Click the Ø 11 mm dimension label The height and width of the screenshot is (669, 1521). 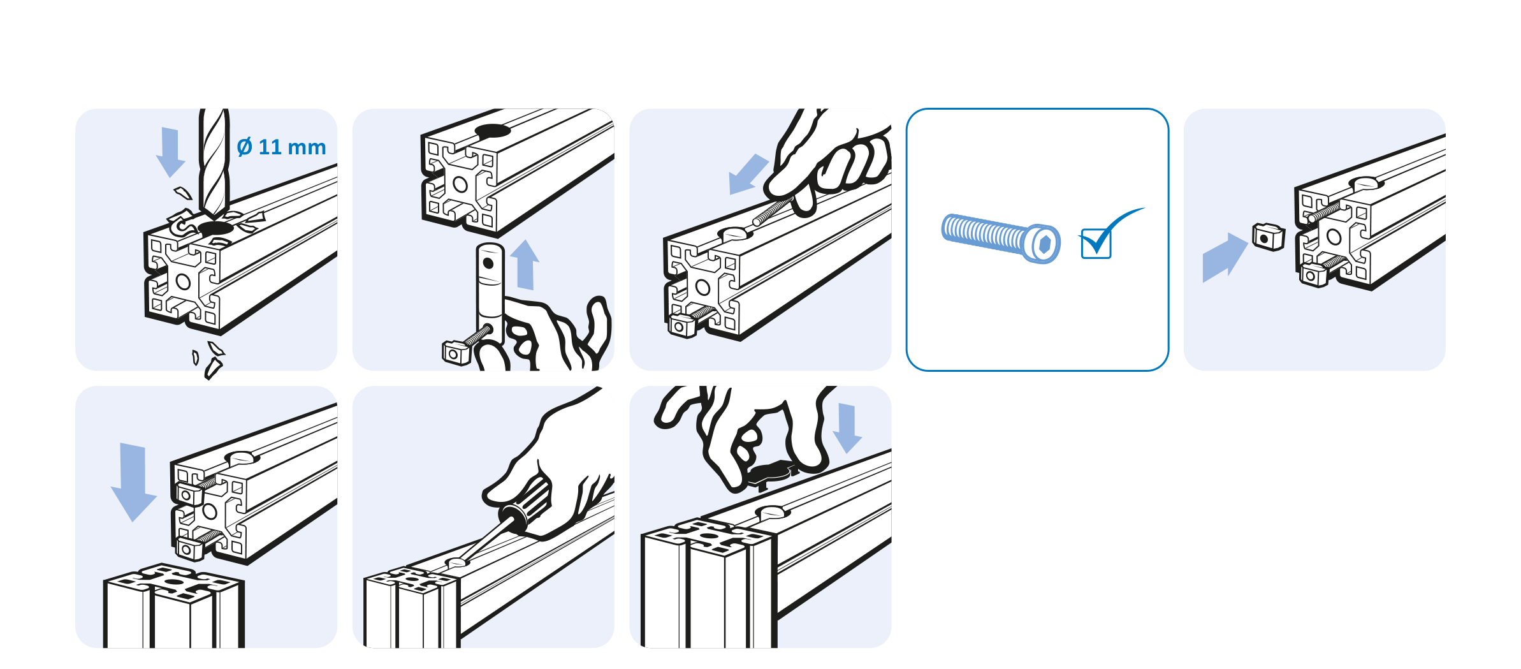[x=281, y=147]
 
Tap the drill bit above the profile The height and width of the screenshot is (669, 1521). [x=214, y=163]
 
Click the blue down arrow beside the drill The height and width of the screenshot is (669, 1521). [x=170, y=152]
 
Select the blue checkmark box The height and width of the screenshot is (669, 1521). [x=1096, y=243]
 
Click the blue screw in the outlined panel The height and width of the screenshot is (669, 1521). [x=1000, y=238]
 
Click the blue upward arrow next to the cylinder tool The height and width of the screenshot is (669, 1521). [x=525, y=264]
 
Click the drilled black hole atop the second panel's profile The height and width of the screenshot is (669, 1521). [x=492, y=131]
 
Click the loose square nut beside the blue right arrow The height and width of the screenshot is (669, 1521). [x=1269, y=237]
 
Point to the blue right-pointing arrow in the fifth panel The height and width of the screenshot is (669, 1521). [x=1225, y=258]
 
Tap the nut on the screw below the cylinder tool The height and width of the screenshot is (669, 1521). [x=456, y=352]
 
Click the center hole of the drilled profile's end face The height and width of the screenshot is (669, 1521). [x=183, y=282]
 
